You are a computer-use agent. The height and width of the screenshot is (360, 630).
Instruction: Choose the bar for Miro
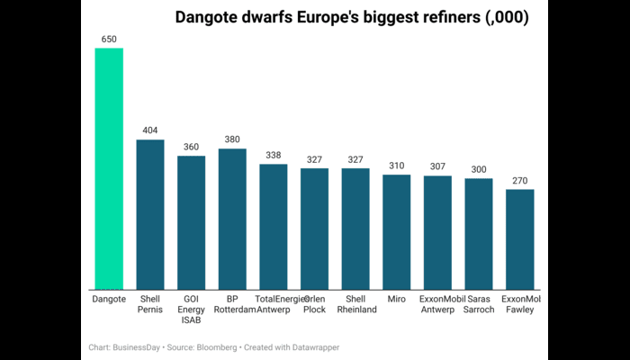click(396, 231)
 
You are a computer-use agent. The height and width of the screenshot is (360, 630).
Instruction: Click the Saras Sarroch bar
click(478, 233)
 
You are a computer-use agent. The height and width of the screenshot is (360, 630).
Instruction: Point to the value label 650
click(109, 40)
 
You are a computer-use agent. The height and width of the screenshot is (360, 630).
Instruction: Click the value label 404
click(150, 130)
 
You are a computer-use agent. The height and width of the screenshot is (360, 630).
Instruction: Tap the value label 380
click(232, 139)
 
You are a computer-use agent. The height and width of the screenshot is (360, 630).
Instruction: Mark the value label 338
click(274, 155)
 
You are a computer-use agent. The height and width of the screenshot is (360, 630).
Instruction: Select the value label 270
click(519, 180)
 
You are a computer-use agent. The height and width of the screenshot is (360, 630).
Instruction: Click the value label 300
click(478, 169)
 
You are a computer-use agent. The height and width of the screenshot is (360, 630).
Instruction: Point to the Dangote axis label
click(109, 298)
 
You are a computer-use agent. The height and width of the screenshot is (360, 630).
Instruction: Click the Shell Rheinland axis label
click(355, 303)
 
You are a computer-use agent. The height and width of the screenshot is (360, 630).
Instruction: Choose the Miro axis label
click(396, 298)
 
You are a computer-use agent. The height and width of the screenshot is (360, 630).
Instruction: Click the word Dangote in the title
click(210, 17)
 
